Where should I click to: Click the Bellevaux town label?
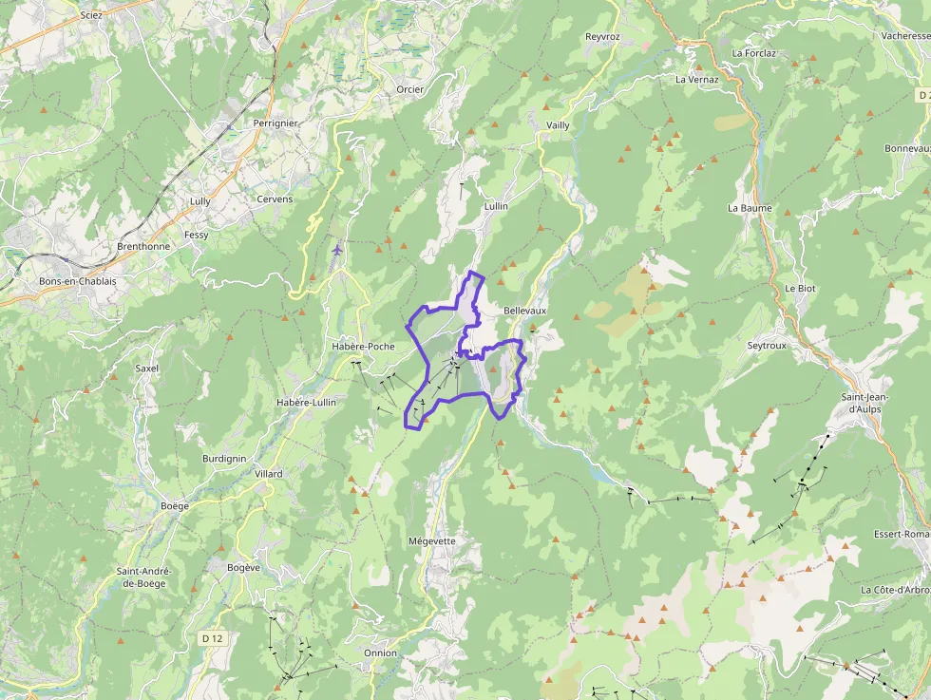point(524,311)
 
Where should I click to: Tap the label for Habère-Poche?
point(363,347)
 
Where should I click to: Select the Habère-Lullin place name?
point(306,403)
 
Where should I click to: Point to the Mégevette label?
point(431,541)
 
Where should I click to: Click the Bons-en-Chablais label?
point(77,282)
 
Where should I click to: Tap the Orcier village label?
point(410,89)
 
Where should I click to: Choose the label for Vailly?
point(559,125)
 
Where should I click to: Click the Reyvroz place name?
point(602,37)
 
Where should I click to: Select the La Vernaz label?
point(697,80)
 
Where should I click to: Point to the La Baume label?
point(750,208)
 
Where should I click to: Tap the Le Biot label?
point(800,288)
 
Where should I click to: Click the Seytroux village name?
point(767,346)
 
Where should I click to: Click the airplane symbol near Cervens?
point(339,249)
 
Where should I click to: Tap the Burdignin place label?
point(224,459)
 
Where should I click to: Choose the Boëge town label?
point(175,506)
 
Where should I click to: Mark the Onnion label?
point(380,653)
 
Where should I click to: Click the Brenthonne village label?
point(143,246)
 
